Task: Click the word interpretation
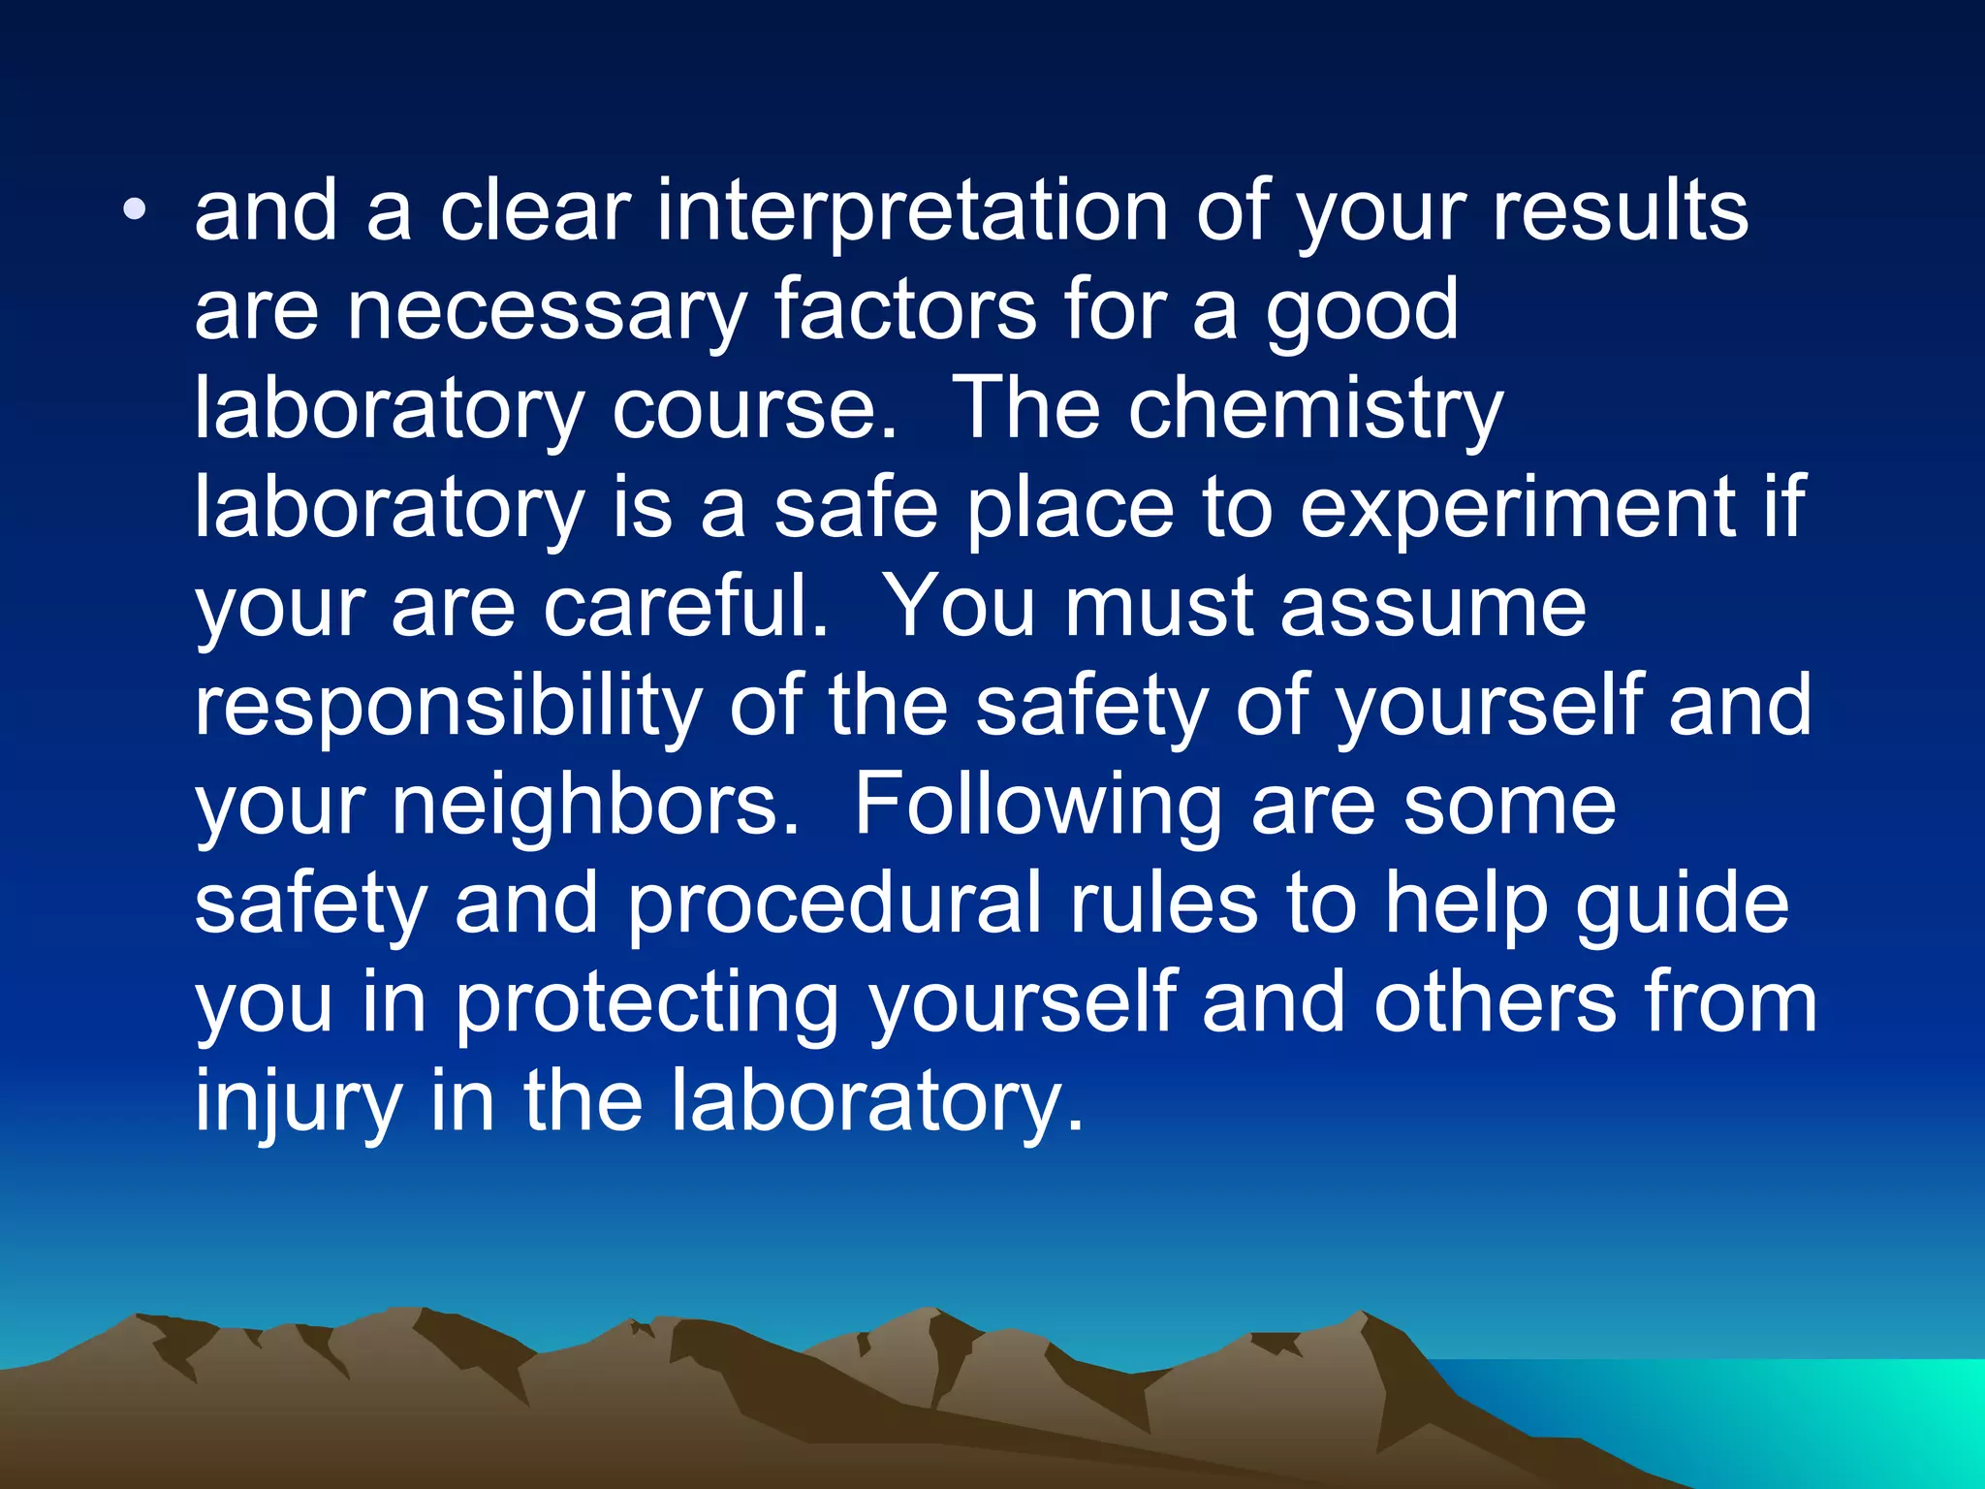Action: tap(912, 213)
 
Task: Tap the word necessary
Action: tap(547, 312)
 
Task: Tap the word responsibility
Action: tap(448, 708)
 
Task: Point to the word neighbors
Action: tap(595, 807)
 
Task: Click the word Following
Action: tap(1037, 807)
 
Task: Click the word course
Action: tap(753, 411)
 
